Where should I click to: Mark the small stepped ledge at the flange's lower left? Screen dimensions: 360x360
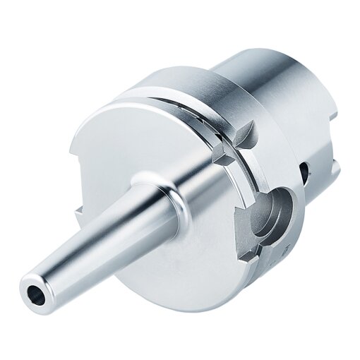click(78, 210)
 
